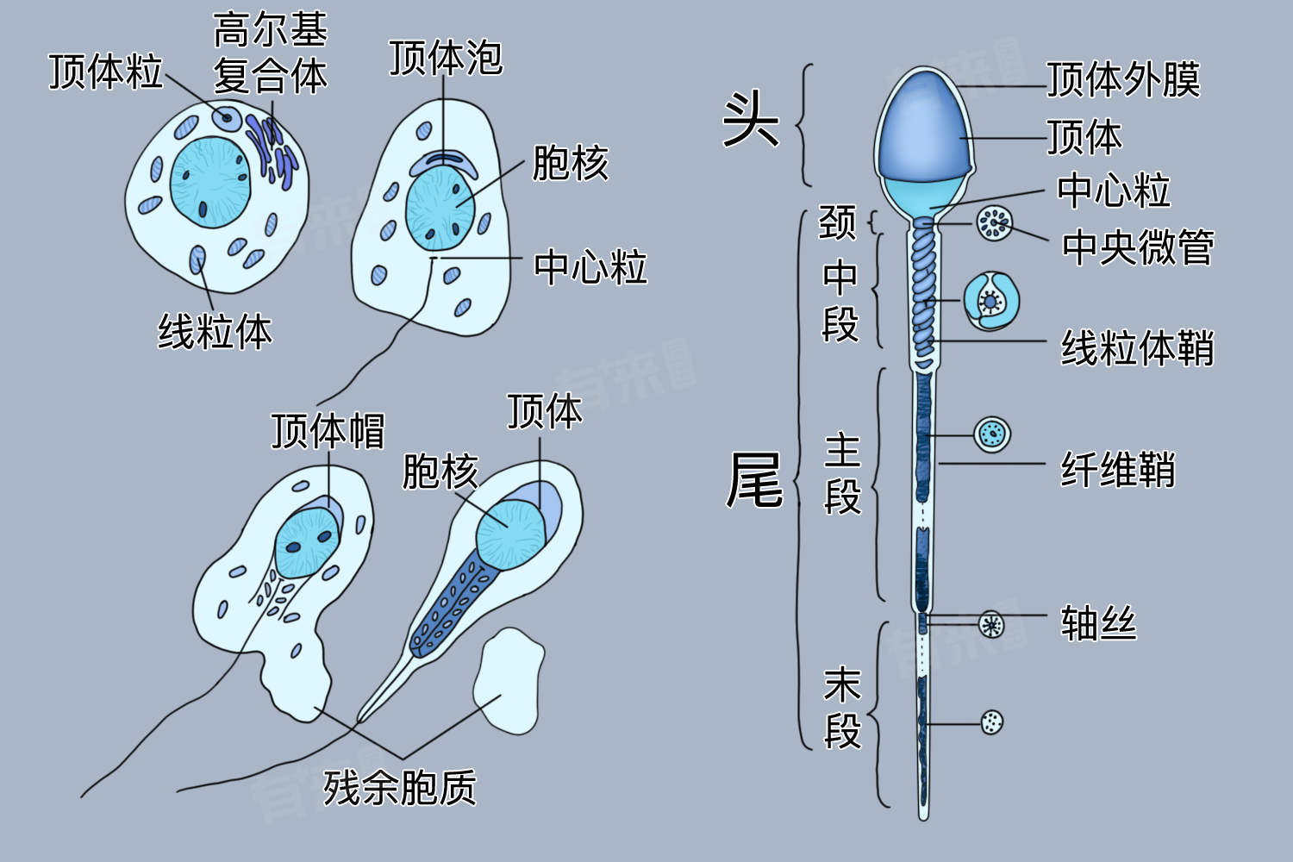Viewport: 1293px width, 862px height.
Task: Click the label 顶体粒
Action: coord(105,72)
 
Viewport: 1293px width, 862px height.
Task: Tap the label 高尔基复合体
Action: coord(270,53)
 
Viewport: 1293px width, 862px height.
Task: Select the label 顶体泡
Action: coord(445,58)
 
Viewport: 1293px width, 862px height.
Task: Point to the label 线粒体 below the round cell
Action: coord(215,332)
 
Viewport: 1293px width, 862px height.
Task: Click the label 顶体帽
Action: coord(328,430)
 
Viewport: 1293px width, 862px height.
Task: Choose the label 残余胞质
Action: coord(400,787)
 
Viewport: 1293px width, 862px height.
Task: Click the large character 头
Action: coord(750,120)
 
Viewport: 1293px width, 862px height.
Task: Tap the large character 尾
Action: coord(754,480)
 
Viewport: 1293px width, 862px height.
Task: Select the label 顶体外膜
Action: coord(1123,80)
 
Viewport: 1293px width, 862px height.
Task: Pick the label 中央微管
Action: coord(1138,248)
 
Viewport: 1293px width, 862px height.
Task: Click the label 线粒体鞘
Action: coord(1137,349)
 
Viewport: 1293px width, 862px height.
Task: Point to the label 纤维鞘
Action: coord(1118,471)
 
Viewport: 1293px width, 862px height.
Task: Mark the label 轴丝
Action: coord(1098,623)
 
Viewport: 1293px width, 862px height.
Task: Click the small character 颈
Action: coord(837,222)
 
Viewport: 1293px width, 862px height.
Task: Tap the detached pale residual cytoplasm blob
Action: coord(509,681)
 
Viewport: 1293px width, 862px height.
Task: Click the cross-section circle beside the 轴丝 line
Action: coord(992,624)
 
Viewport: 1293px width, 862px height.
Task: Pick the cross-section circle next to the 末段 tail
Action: coord(992,722)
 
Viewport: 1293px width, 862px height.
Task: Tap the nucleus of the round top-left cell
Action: coord(209,182)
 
